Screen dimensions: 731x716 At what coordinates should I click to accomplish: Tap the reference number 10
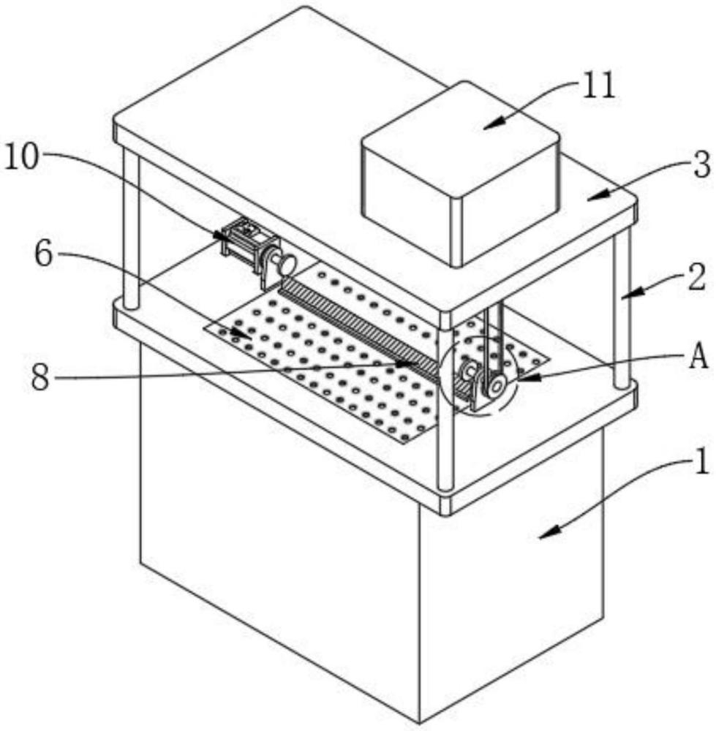coord(23,158)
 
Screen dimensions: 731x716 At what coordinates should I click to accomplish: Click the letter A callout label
coord(698,357)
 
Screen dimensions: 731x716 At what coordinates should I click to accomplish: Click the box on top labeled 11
coord(461,175)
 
